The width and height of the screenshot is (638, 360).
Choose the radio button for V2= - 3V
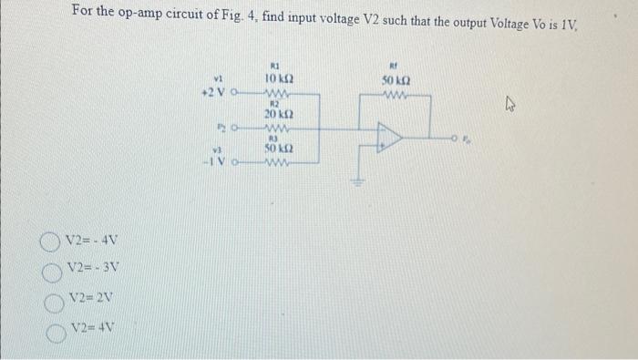50,271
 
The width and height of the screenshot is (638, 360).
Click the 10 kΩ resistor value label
277,80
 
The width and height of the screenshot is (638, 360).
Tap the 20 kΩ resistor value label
277,114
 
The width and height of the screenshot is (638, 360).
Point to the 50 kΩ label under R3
277,148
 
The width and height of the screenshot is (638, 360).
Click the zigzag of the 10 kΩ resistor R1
277,93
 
